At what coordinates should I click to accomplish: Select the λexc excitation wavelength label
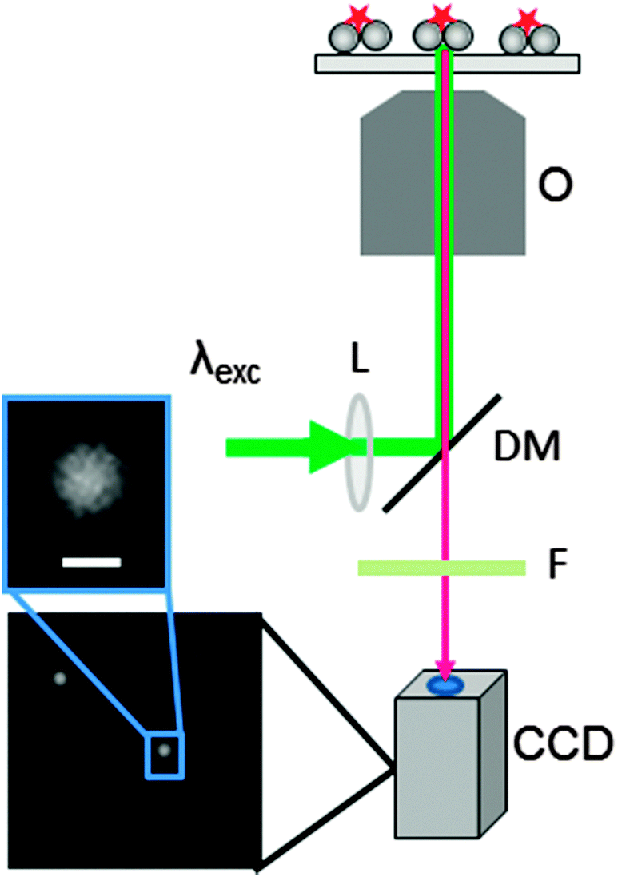pyautogui.click(x=226, y=373)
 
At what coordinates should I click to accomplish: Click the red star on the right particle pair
pyautogui.click(x=525, y=18)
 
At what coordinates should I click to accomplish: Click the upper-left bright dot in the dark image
pyautogui.click(x=59, y=679)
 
